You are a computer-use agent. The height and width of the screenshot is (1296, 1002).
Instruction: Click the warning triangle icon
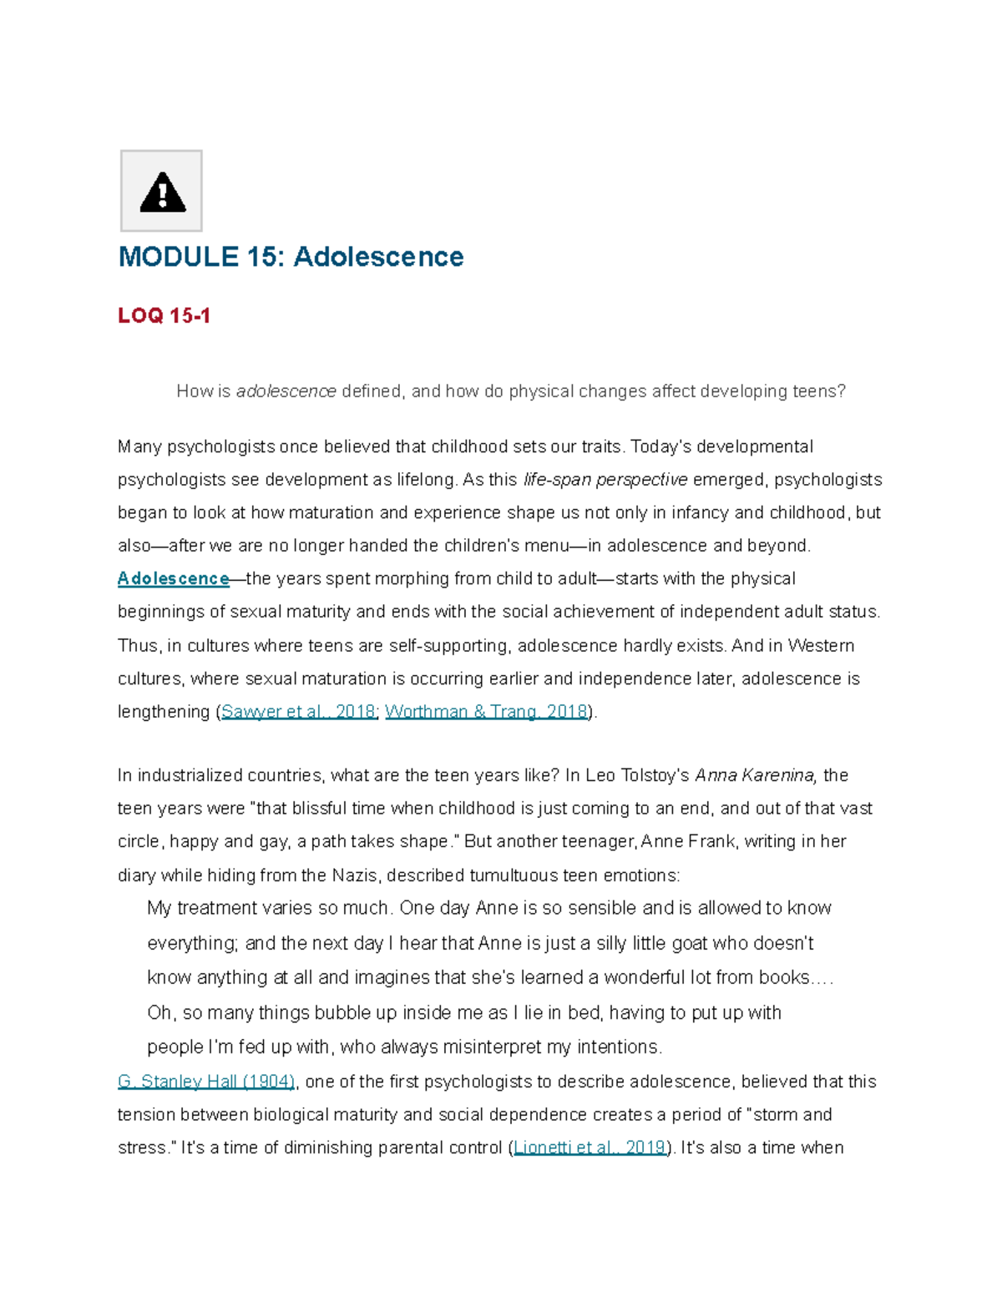tap(162, 192)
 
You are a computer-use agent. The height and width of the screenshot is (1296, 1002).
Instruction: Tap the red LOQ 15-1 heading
tap(164, 315)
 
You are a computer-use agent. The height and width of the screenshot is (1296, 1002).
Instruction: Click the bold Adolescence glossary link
tap(173, 578)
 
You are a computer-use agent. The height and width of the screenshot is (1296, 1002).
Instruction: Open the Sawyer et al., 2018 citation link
tap(298, 712)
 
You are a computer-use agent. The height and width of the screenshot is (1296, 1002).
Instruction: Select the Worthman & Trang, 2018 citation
tap(486, 712)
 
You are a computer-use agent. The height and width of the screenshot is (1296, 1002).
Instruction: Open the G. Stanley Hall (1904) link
tap(206, 1082)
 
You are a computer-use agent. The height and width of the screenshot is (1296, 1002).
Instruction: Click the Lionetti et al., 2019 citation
tap(590, 1147)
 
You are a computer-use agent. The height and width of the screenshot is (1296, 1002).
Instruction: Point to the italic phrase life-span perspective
tap(605, 480)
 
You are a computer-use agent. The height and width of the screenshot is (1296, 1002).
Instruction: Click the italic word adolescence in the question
tap(286, 391)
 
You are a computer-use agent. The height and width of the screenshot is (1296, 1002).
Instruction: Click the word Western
tap(821, 646)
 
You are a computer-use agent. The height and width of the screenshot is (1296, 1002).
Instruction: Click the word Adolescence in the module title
tap(378, 257)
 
